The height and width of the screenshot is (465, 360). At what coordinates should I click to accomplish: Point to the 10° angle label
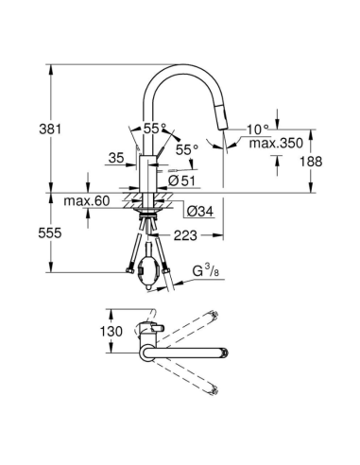(258, 129)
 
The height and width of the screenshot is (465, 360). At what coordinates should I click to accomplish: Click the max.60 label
(86, 201)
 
